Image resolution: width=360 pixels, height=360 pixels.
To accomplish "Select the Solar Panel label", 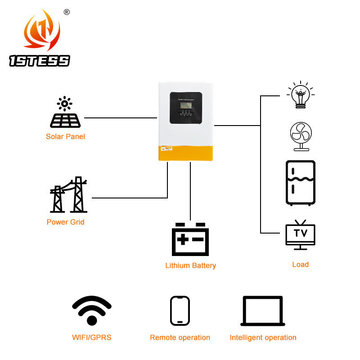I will (x=65, y=136).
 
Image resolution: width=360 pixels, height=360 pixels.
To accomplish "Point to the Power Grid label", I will (x=65, y=222).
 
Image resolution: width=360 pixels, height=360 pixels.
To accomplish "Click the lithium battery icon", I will (x=190, y=239).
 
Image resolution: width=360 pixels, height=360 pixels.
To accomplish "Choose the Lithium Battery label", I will (x=190, y=265).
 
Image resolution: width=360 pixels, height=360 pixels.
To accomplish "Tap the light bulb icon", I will (x=300, y=94).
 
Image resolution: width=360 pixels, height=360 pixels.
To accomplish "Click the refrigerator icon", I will (x=300, y=183).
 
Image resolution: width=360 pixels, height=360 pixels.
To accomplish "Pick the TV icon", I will (x=300, y=234).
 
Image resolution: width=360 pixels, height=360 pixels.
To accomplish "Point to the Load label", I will (x=300, y=264).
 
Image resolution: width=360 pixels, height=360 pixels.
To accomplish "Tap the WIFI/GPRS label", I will (x=92, y=337).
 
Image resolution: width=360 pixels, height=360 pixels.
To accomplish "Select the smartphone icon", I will (x=180, y=310).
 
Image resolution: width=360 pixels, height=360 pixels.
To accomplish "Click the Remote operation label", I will (x=180, y=337).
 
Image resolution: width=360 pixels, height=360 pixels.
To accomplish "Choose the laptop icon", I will (x=263, y=310).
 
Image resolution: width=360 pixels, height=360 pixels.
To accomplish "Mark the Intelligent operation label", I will (x=263, y=337).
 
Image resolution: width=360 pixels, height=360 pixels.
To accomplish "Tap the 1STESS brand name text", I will (x=40, y=61).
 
